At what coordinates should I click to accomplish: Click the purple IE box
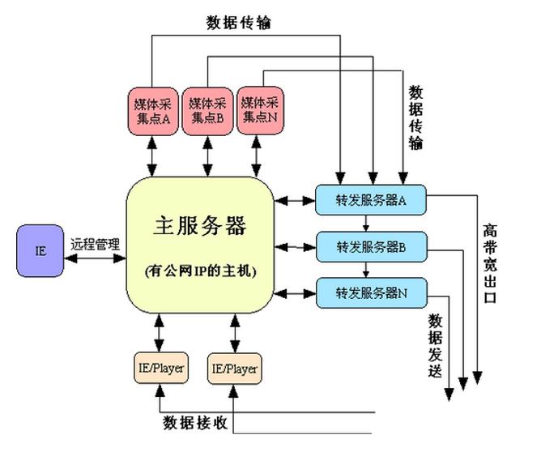coord(40,249)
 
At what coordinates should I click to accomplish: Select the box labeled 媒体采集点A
coord(152,109)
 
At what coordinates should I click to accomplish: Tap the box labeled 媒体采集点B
coord(207,109)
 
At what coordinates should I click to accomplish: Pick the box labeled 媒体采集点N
coord(259,109)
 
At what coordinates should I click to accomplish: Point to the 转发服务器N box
coord(370,292)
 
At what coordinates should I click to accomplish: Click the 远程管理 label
coord(94,242)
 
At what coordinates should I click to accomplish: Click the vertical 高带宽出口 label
coord(491,263)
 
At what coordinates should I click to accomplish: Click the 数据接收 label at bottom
coord(195,423)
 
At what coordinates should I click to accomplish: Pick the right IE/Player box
coord(234,369)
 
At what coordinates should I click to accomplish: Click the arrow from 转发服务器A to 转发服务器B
coord(366,224)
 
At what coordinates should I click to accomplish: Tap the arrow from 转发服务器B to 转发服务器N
coord(366,270)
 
